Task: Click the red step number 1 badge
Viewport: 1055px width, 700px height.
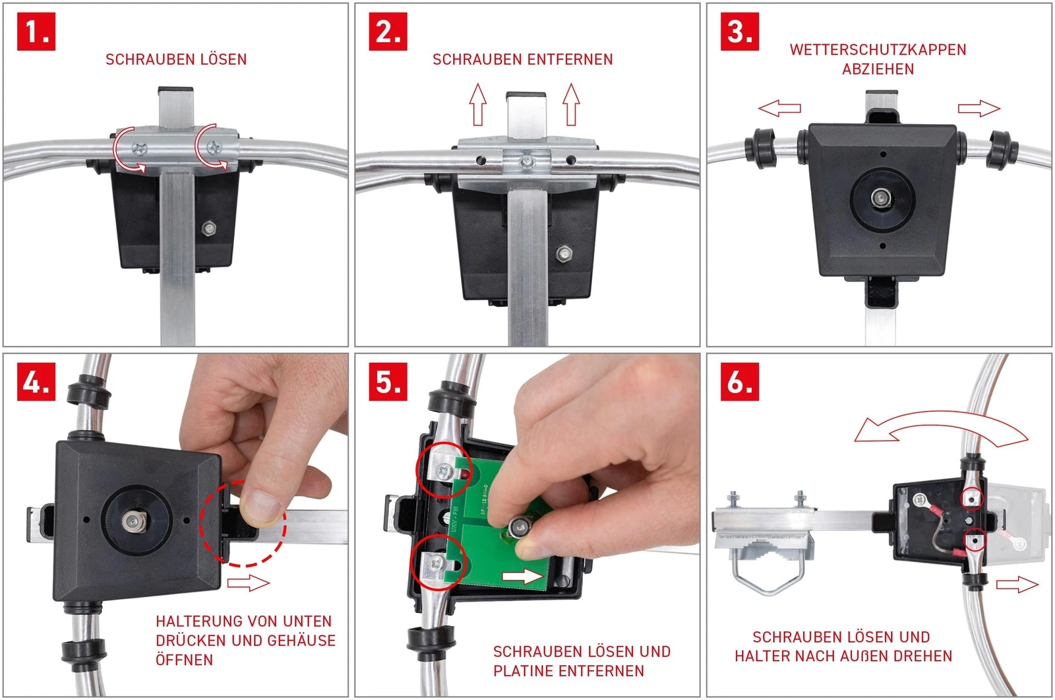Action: (36, 32)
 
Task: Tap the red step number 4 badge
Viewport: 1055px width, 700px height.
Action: (36, 382)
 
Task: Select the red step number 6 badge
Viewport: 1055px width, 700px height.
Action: (739, 382)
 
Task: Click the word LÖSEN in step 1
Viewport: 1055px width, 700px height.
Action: (224, 59)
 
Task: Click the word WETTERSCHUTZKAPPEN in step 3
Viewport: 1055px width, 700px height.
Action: (878, 49)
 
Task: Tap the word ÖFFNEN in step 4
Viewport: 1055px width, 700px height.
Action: (184, 660)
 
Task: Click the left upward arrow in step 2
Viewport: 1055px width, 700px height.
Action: (478, 104)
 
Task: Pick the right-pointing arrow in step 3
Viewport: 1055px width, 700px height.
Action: (979, 108)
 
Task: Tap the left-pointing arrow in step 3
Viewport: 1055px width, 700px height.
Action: (779, 108)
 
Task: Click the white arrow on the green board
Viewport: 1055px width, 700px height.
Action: (522, 576)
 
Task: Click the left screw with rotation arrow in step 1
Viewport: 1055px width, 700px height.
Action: (139, 149)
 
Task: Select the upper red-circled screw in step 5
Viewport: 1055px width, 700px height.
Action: (443, 470)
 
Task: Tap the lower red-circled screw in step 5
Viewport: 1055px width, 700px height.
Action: (437, 562)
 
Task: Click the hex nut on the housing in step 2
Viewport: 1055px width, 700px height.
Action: (563, 253)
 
